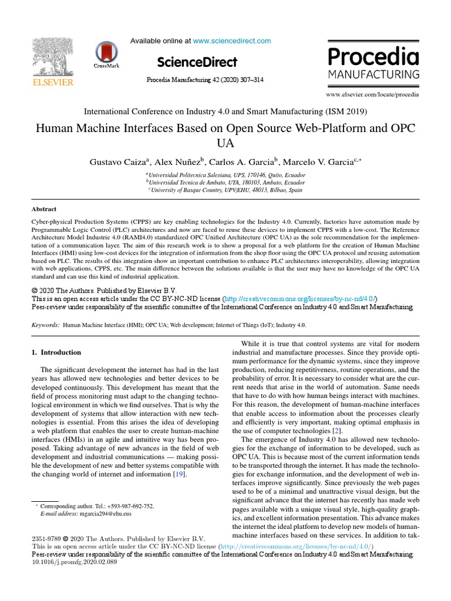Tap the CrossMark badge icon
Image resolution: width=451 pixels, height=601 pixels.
click(106, 52)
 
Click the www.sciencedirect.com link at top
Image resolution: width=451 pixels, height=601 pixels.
click(232, 41)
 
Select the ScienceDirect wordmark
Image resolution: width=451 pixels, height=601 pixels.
click(197, 62)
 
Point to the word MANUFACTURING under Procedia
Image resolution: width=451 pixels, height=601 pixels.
click(373, 75)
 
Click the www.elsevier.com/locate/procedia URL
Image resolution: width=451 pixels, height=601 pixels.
click(373, 94)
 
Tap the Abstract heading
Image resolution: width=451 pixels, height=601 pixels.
click(44, 209)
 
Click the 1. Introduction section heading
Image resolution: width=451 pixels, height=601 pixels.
click(56, 353)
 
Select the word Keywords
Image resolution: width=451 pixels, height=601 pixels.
click(45, 325)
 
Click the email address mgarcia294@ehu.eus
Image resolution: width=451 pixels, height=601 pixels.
click(106, 514)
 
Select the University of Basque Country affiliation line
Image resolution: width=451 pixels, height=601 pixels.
click(225, 190)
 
